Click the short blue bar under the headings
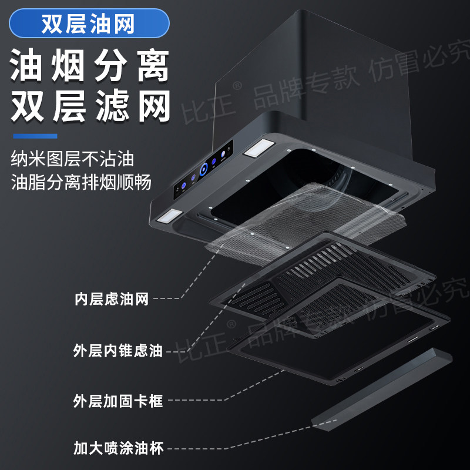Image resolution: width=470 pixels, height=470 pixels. tap(35, 136)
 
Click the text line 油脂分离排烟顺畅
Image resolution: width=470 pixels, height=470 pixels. tap(81, 182)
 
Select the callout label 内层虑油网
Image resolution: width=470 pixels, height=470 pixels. tap(111, 299)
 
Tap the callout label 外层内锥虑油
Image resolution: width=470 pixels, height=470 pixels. tap(117, 351)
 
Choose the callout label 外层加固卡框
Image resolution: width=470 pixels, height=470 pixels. tap(117, 402)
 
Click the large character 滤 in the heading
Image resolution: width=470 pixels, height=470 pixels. tap(112, 108)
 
